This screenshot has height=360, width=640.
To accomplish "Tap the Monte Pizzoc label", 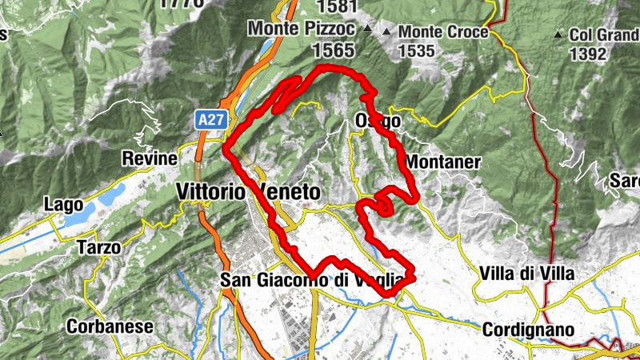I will pos(301,28).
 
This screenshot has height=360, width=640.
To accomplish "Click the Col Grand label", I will pos(603,35).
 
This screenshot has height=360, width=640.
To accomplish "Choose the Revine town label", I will pos(149,158).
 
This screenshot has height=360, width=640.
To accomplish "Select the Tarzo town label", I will pos(99,248).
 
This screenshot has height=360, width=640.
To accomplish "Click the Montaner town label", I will pos(442,162).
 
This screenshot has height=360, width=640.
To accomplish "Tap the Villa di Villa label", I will pos(526,274).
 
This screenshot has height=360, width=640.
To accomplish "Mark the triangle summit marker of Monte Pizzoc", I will pos(367,29).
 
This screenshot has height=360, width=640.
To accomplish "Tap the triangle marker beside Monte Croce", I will pos(387,32).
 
